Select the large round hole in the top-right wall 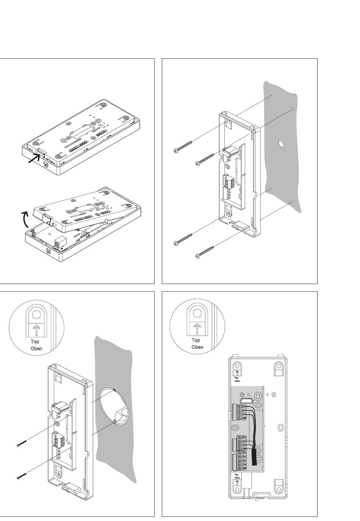pos(281,144)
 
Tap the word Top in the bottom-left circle pos(35,341)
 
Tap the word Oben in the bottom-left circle pos(36,348)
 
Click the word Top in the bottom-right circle pos(196,340)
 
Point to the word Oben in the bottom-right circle pos(197,347)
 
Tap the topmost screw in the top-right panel pos(183,147)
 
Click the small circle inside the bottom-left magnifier pos(36,315)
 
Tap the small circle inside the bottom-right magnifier pos(197,313)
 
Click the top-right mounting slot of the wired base pos(279,367)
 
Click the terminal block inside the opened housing pos(61,240)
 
